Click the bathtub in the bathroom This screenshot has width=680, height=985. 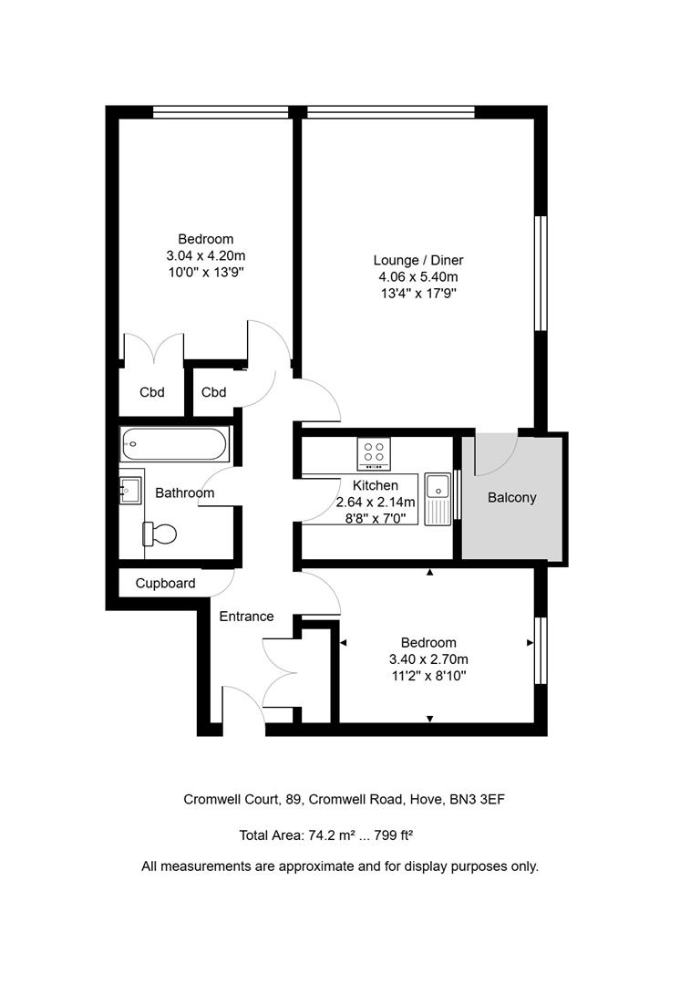pos(174,445)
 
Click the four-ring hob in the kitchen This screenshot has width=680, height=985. pos(374,453)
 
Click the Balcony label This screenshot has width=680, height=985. pos(512,498)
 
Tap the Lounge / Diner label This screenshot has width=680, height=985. pos(416,260)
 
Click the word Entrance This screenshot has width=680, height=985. pos(246,617)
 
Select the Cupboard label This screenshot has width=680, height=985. pos(165,583)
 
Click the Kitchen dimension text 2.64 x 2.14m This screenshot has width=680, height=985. pos(376,503)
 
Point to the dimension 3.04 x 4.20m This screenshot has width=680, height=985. pos(206,256)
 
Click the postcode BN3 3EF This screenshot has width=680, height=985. pos(478,800)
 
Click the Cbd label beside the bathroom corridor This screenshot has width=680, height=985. pos(213,392)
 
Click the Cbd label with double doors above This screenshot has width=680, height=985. pos(151,392)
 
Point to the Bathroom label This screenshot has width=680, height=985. pos(184,493)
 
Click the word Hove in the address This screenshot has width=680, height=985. pos(426,800)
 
